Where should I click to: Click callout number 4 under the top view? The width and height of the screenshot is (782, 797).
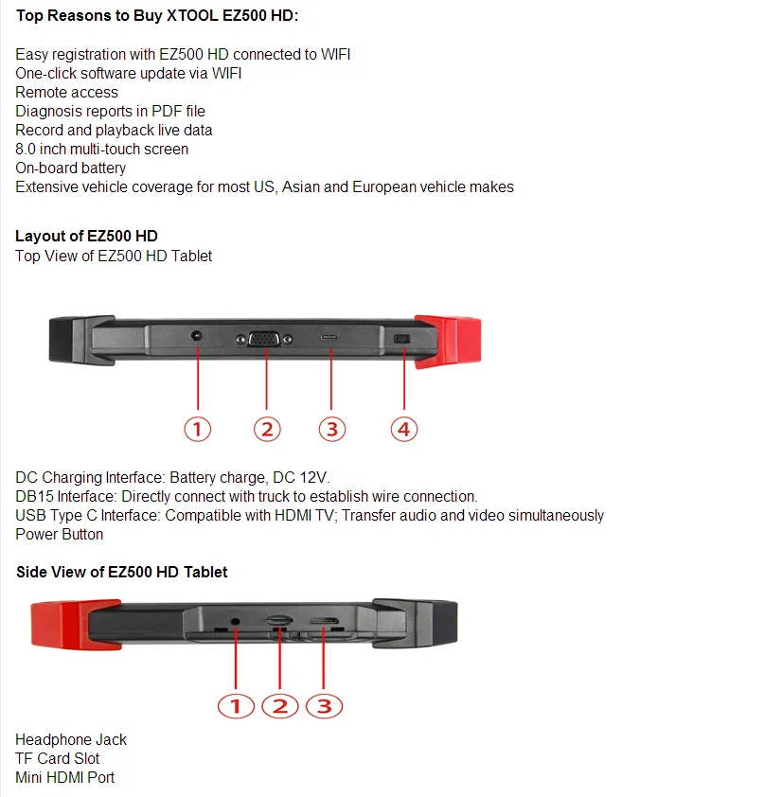(x=404, y=430)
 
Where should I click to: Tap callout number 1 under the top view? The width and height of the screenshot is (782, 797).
(x=197, y=430)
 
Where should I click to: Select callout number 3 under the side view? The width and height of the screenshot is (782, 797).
(x=324, y=706)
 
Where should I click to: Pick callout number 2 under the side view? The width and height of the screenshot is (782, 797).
(x=279, y=706)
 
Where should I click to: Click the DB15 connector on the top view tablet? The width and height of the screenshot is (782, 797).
(x=264, y=339)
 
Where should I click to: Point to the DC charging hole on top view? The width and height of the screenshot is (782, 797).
(x=196, y=335)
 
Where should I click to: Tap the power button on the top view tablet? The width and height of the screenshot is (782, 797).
(x=401, y=339)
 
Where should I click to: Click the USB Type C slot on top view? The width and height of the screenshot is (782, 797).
(x=329, y=337)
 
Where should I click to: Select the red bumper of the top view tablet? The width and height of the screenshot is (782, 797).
(x=448, y=341)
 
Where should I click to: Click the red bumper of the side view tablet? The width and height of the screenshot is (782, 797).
(x=76, y=625)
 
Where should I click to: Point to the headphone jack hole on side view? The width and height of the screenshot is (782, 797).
(x=235, y=622)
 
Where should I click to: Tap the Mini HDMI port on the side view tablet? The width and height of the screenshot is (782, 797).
(x=325, y=621)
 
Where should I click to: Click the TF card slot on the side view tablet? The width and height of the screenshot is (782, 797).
(x=278, y=621)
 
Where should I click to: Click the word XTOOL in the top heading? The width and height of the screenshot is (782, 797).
(x=193, y=16)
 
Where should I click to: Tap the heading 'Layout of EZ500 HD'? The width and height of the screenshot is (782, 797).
(x=86, y=237)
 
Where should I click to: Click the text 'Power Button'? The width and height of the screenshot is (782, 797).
(x=59, y=534)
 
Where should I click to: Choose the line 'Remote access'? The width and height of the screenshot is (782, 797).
(x=66, y=93)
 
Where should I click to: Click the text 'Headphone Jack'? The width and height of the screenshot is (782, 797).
(x=71, y=739)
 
